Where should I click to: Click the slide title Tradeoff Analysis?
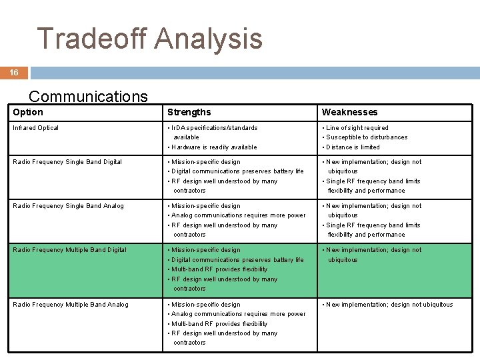click(x=149, y=38)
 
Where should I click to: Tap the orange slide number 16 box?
click(x=14, y=73)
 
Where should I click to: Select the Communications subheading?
click(x=88, y=97)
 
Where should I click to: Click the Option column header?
click(x=28, y=112)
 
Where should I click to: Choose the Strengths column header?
click(x=189, y=112)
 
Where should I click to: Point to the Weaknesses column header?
click(x=349, y=112)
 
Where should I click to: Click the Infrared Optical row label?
click(x=36, y=128)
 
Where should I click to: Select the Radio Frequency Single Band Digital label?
click(x=67, y=162)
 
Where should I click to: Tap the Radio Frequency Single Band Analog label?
click(x=68, y=206)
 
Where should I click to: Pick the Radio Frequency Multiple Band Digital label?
click(x=69, y=250)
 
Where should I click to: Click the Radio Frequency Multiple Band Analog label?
click(x=71, y=305)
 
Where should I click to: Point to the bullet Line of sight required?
click(x=357, y=128)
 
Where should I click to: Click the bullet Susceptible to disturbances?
click(x=367, y=137)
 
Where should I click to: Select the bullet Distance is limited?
click(x=353, y=147)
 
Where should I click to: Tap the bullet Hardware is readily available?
click(x=213, y=147)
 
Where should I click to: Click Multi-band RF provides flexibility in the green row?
click(x=219, y=269)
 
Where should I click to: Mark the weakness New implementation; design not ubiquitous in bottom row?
click(x=389, y=305)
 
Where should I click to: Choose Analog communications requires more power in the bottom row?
click(x=238, y=314)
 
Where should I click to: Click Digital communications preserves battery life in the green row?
click(x=237, y=260)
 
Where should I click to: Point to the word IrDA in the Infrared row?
click(x=179, y=128)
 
